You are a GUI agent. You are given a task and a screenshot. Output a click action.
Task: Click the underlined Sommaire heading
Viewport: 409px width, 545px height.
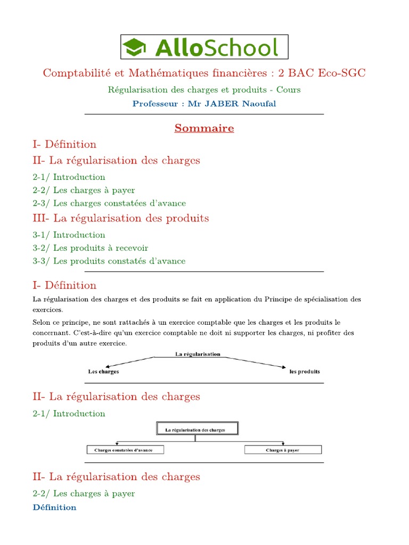click(x=204, y=128)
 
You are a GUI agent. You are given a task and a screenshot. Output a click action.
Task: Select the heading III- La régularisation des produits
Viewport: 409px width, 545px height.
click(x=120, y=218)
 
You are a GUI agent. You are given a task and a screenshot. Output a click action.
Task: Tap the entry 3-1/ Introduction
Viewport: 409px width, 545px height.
click(x=69, y=235)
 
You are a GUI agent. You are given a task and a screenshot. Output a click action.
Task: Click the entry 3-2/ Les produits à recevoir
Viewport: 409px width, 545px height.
click(x=90, y=247)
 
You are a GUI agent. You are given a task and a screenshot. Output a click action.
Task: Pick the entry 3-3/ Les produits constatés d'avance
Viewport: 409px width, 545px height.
click(x=109, y=261)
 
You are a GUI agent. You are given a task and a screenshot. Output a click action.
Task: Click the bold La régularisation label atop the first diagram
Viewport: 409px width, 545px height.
click(x=198, y=354)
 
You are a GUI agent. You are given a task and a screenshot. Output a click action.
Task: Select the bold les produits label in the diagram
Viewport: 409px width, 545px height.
click(x=305, y=371)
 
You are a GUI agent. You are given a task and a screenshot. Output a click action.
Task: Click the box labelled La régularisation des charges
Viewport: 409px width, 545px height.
click(x=197, y=429)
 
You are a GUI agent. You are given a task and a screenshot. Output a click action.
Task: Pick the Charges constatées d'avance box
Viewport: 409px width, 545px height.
click(x=125, y=450)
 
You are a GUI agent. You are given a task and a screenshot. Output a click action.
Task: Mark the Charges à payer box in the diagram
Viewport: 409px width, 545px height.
click(x=283, y=450)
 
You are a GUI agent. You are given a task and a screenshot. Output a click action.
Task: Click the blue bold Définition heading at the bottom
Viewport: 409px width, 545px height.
click(x=54, y=507)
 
